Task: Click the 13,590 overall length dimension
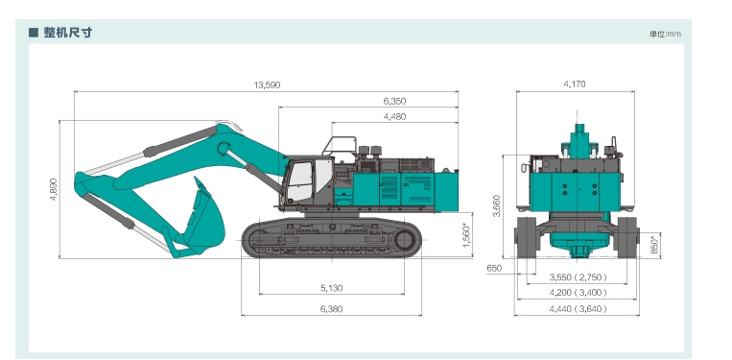pyautogui.click(x=267, y=85)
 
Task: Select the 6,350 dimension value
pyautogui.click(x=394, y=101)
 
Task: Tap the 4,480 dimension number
pyautogui.click(x=394, y=116)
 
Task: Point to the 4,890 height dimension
pyautogui.click(x=53, y=189)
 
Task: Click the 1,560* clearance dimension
pyautogui.click(x=466, y=235)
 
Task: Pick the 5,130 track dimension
pyautogui.click(x=331, y=288)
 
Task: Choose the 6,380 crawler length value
pyautogui.click(x=331, y=308)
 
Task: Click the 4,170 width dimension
pyautogui.click(x=575, y=84)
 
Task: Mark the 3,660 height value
pyautogui.click(x=496, y=205)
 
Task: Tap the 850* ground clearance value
pyautogui.click(x=655, y=244)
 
